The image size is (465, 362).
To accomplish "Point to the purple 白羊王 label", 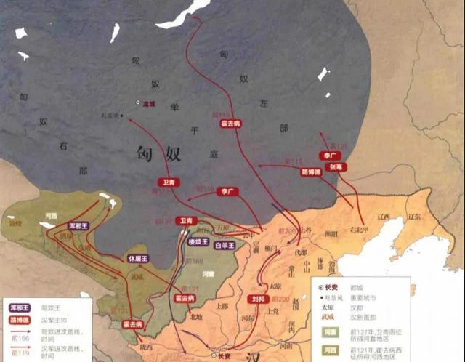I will point(225,246).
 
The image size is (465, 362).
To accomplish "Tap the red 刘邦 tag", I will point(259,299).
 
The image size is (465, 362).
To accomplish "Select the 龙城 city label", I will point(150,103).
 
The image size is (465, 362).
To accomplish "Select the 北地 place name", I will point(196,316).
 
